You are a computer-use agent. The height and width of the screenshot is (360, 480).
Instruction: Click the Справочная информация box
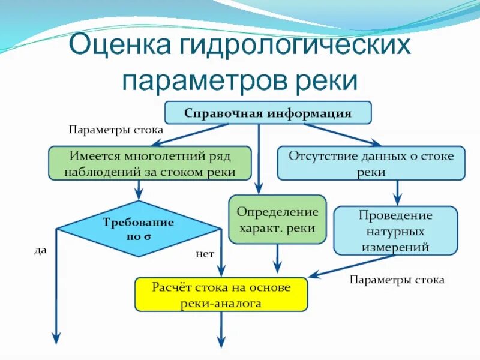[268, 113]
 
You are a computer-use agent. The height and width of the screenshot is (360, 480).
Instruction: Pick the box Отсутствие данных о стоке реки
[370, 163]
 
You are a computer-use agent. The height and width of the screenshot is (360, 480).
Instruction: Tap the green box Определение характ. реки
[277, 220]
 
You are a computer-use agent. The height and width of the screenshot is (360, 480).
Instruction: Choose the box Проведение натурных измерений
[395, 230]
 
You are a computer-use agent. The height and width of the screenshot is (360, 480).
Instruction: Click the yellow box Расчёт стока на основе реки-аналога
[221, 295]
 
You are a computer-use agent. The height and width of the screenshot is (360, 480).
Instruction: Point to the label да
[40, 251]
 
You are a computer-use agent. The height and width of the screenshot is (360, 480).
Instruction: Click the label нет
[205, 254]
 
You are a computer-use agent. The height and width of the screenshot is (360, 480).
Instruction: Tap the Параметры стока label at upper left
[116, 129]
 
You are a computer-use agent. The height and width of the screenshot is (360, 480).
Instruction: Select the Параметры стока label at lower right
[397, 280]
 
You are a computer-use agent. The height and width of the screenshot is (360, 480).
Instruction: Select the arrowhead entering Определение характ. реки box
[259, 189]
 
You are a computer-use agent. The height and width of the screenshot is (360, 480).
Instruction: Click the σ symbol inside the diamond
[148, 236]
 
